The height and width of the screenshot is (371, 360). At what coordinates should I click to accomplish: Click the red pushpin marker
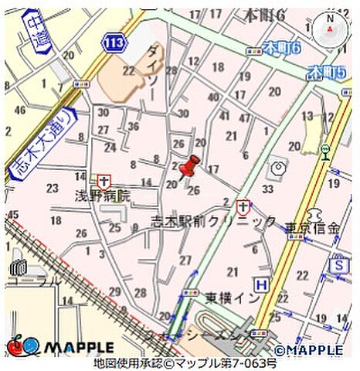[188, 165]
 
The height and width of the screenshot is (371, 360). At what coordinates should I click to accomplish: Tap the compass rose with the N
[332, 29]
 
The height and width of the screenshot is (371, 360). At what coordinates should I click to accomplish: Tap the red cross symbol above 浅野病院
[104, 180]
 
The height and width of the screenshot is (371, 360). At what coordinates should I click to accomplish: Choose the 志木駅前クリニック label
[213, 222]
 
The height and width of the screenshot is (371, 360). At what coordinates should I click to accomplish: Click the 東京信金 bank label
[312, 228]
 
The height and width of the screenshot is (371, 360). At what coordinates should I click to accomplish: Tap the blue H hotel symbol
[263, 285]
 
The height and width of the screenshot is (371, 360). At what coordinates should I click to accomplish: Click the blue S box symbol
[337, 265]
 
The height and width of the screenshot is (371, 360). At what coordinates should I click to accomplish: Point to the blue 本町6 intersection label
[280, 48]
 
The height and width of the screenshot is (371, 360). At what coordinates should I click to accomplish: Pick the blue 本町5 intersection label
[324, 73]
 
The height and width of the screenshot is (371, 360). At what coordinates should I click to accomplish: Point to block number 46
[19, 111]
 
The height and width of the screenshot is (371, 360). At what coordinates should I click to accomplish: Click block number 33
[268, 189]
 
